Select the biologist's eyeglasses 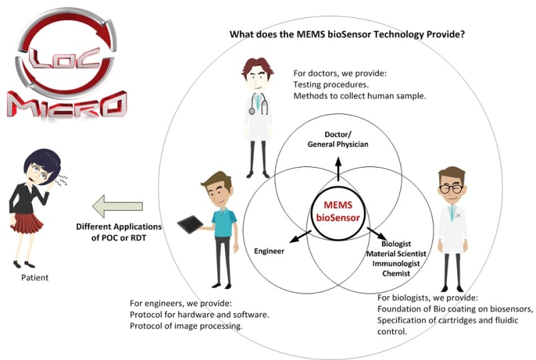(452, 188)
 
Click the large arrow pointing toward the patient (117, 206)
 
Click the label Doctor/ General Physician (338, 139)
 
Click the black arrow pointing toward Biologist (375, 235)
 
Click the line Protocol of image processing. (186, 326)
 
